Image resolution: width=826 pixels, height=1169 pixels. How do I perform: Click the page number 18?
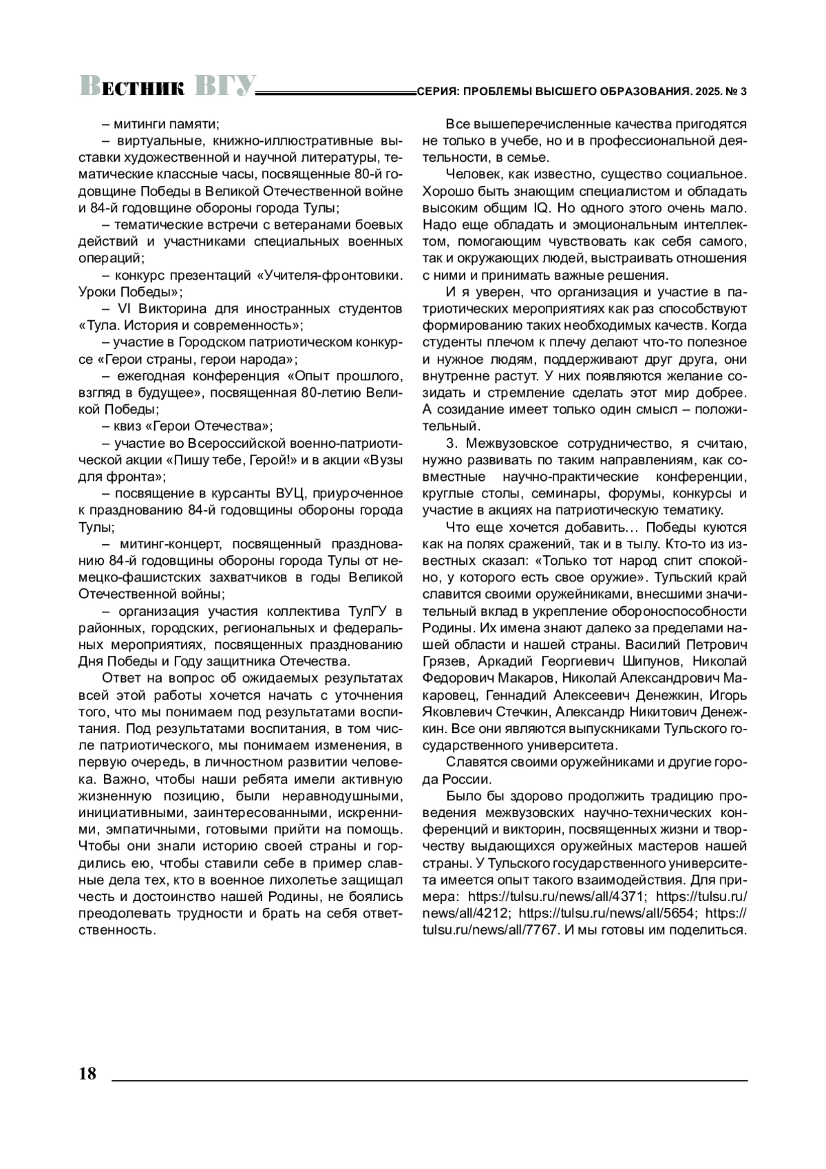pyautogui.click(x=88, y=1074)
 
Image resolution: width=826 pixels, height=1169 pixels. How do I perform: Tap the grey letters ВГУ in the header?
pyautogui.click(x=224, y=85)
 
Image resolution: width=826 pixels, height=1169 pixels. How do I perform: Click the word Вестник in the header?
pyautogui.click(x=131, y=86)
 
